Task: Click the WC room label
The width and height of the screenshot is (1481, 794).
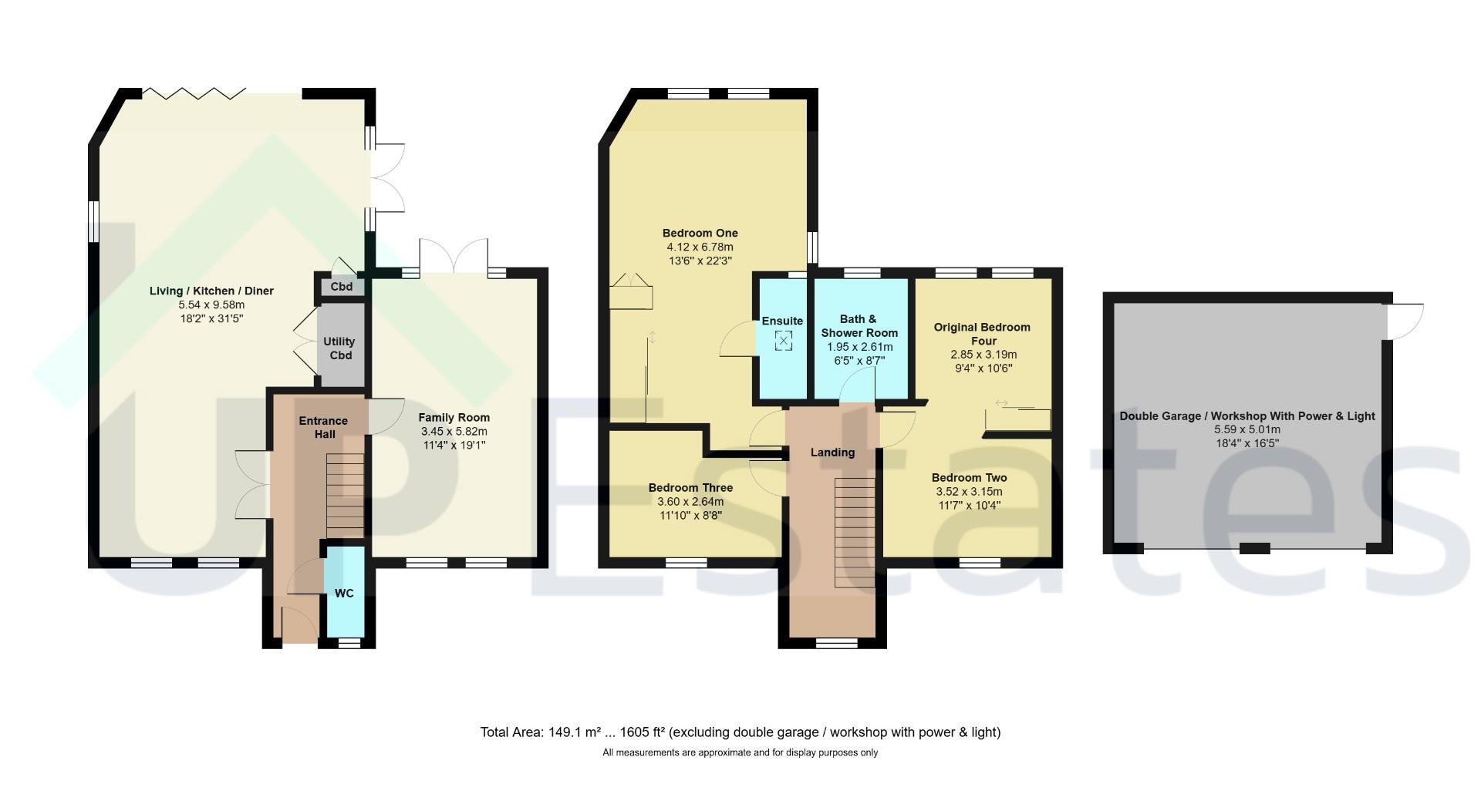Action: point(344,593)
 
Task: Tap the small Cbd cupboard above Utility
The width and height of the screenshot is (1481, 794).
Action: point(342,287)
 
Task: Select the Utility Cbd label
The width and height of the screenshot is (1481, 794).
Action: point(340,348)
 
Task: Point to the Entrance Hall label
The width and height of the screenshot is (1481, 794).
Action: point(323,427)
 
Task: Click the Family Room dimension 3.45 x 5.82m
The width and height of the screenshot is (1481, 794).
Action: point(454,432)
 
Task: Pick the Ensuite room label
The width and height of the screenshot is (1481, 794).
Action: point(782,321)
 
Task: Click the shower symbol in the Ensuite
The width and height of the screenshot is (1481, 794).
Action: point(783,340)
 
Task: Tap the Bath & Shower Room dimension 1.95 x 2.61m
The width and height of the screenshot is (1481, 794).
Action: point(859,347)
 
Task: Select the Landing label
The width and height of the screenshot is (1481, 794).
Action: point(832,453)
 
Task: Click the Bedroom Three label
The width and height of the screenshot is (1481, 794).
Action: point(690,488)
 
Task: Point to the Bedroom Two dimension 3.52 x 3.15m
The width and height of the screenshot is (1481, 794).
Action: point(969,492)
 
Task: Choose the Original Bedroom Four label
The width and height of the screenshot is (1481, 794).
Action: point(982,334)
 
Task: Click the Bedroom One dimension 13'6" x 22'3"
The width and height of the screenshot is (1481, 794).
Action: point(700,261)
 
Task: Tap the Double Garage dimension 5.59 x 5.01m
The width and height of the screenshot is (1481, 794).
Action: point(1247,430)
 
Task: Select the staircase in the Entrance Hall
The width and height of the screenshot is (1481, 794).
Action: point(345,496)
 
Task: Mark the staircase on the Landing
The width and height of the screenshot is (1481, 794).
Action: point(855,533)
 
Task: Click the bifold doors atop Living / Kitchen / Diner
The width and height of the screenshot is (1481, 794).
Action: point(194,94)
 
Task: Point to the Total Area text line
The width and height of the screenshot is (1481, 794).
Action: point(740,732)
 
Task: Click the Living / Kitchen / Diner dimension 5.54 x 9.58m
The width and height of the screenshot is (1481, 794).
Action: point(211,305)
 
